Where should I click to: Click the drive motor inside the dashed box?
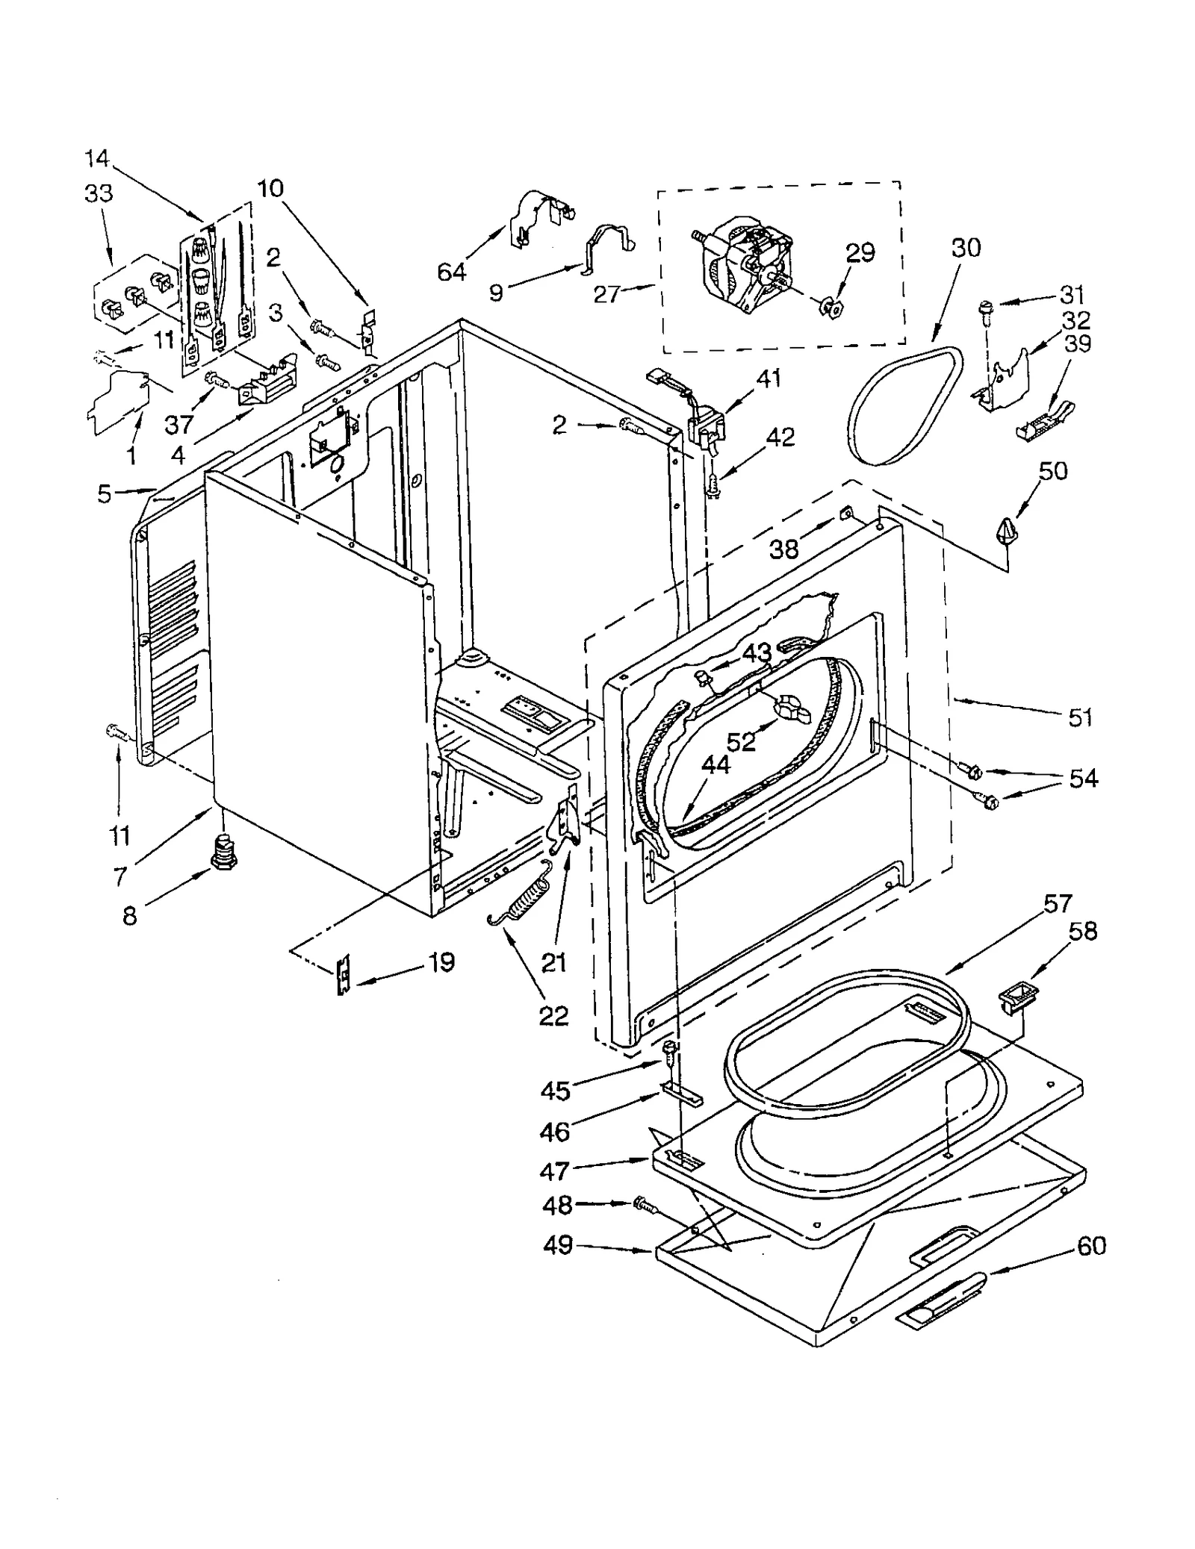click(x=743, y=265)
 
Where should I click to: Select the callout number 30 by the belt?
click(x=966, y=248)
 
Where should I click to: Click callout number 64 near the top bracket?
click(x=451, y=272)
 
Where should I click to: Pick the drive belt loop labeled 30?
click(x=905, y=407)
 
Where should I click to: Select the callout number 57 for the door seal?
click(x=1058, y=904)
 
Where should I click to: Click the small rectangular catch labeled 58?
click(x=1018, y=997)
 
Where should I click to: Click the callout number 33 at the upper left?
click(x=99, y=193)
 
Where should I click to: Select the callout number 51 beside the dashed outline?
click(x=1080, y=717)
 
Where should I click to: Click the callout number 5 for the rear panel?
click(x=105, y=493)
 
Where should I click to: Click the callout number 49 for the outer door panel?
click(x=558, y=1245)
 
